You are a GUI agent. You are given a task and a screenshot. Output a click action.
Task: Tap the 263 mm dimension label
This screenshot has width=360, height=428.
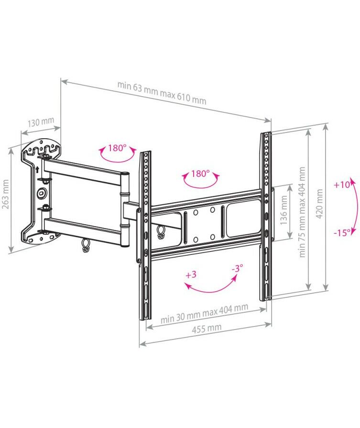pos(5,194)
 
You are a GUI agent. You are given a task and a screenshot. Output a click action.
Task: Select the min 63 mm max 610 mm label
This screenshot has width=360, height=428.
pos(162,92)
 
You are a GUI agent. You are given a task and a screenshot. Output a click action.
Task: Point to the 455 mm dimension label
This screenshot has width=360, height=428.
pos(207,329)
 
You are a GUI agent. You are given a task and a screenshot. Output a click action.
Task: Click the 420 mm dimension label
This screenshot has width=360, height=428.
pos(319,204)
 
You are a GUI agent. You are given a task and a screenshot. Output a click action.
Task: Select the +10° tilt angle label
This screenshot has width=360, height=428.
pos(342,185)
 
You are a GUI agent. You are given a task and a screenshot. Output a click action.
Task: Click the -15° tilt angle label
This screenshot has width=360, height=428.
pos(342,233)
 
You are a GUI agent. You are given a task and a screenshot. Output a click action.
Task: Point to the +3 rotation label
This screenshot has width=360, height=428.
pos(191,274)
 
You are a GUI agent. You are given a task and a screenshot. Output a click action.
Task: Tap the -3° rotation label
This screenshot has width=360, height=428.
pos(237,268)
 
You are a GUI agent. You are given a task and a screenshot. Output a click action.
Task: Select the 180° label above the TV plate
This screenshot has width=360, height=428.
pos(200,173)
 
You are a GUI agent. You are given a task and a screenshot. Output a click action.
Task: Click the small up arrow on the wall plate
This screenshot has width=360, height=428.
pos(37,169)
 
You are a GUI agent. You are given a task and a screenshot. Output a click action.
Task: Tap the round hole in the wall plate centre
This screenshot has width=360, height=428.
pos(42,192)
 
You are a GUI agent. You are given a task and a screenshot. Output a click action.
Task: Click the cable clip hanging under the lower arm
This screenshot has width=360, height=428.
pos(85,245)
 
